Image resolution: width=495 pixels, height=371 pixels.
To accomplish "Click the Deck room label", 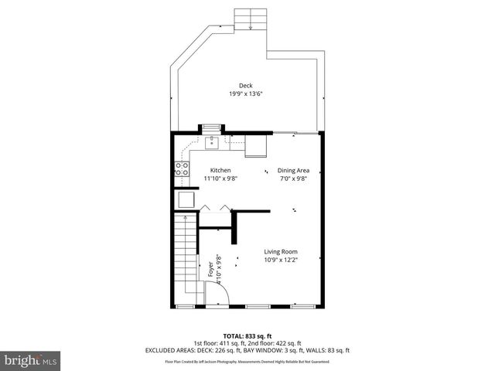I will (x=245, y=86).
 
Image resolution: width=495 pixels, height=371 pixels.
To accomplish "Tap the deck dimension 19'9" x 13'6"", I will (x=245, y=94).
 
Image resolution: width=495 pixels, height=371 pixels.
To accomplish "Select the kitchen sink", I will (x=212, y=142).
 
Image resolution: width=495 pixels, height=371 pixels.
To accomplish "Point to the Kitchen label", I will (x=220, y=170).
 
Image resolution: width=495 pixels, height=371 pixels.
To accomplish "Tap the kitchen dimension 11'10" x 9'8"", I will (x=220, y=179).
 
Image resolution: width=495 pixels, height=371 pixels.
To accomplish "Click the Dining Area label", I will (x=294, y=170).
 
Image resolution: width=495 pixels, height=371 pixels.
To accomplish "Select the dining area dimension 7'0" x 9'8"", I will (x=294, y=179).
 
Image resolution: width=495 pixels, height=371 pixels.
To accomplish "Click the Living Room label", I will (x=280, y=251).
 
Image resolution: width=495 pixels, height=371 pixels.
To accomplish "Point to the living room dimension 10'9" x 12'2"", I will (x=280, y=260).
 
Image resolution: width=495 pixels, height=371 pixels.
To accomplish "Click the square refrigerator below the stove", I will (x=186, y=199).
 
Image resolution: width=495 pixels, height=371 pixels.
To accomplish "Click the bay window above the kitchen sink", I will (x=211, y=127).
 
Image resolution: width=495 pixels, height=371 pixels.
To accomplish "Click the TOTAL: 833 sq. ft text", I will (x=247, y=336).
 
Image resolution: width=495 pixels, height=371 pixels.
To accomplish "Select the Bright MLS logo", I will (x=31, y=360).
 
